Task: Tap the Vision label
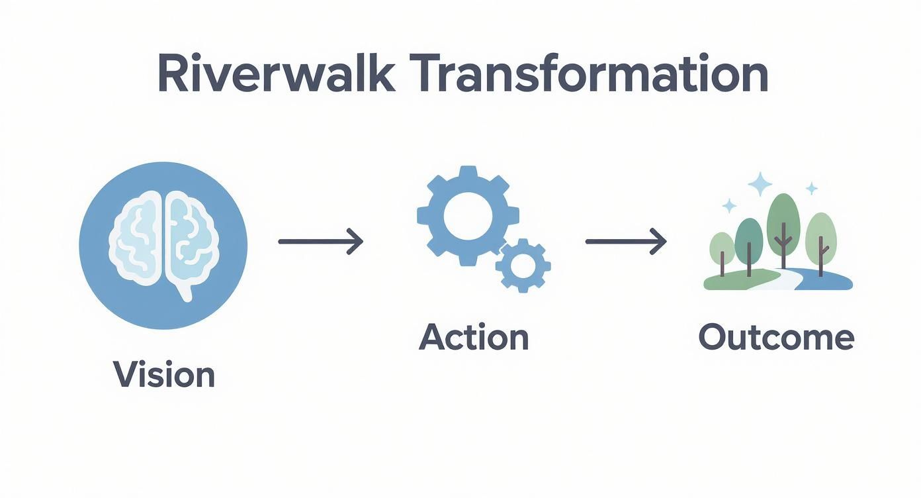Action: [x=164, y=374]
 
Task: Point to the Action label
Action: [x=474, y=337]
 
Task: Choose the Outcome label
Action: [x=776, y=337]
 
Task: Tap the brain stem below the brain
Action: [x=187, y=291]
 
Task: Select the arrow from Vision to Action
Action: [x=320, y=241]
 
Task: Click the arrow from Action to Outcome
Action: [x=625, y=241]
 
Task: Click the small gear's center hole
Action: [x=523, y=266]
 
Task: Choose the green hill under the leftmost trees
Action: [x=728, y=281]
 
